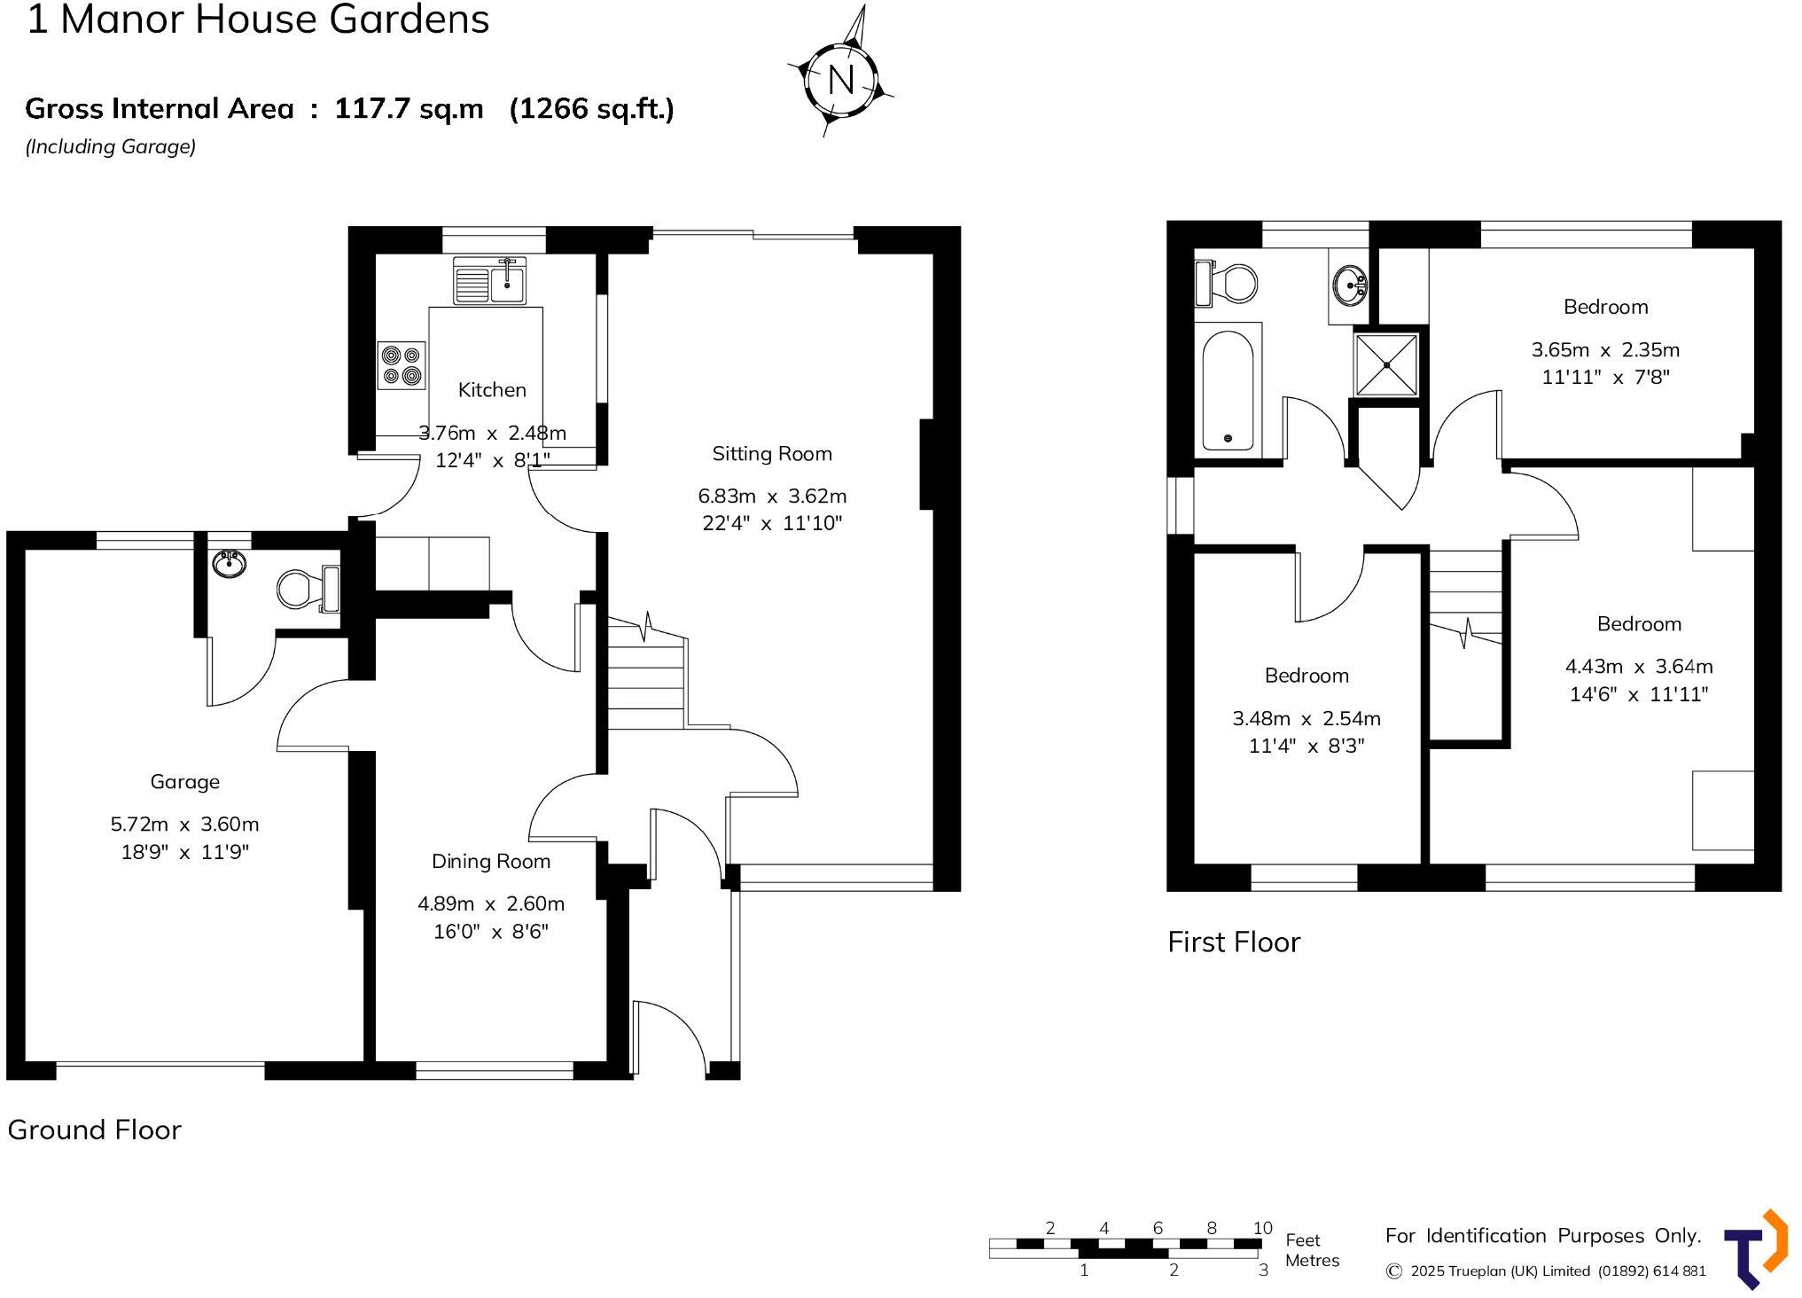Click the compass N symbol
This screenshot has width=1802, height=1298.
(840, 80)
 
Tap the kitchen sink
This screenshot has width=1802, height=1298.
(489, 280)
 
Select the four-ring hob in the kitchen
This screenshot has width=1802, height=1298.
(401, 365)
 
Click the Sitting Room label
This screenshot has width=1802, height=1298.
(772, 454)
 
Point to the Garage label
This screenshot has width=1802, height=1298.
(184, 782)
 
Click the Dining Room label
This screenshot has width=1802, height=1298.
(490, 862)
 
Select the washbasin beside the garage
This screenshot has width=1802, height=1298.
(230, 563)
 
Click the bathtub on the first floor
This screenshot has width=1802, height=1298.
(1228, 390)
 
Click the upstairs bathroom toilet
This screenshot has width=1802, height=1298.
(1229, 283)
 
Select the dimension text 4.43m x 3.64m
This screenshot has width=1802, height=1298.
(1638, 667)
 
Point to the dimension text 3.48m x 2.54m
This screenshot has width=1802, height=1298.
(1306, 719)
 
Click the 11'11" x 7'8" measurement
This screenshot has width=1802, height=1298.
(1605, 378)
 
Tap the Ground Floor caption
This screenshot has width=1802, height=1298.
(94, 1130)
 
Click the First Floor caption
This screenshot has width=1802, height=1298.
(1233, 942)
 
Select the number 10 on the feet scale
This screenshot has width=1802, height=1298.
(1262, 1229)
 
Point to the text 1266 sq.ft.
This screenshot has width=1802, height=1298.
(591, 109)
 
